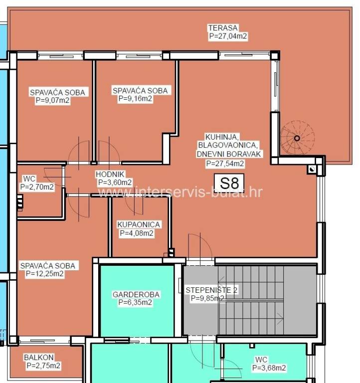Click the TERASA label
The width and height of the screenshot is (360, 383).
[223, 27]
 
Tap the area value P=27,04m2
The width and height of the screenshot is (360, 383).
[228, 36]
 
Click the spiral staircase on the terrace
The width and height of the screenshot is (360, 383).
[297, 138]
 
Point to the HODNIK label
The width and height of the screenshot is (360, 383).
[110, 174]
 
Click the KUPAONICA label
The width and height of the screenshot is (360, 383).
[139, 224]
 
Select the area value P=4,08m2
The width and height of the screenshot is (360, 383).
[137, 233]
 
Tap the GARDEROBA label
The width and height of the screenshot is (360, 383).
[136, 294]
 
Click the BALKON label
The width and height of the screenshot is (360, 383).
[38, 358]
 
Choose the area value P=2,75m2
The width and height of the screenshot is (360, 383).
[43, 366]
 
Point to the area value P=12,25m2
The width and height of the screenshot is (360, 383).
[45, 274]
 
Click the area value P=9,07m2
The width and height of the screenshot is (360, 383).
[52, 100]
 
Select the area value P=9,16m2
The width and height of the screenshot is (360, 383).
[135, 99]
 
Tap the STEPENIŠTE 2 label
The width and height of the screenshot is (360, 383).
[211, 290]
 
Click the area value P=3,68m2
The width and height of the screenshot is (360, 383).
[269, 368]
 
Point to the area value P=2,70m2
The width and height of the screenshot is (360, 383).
[37, 187]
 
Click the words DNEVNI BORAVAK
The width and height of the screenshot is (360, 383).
[229, 154]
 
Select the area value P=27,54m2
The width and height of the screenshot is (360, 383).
[225, 164]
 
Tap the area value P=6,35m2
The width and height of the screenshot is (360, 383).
[135, 302]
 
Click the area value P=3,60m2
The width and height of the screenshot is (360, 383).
[115, 183]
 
